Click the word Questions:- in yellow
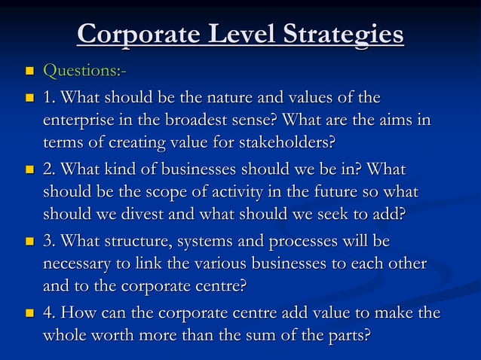coord(84,72)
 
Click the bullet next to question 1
coord(29,99)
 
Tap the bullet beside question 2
coord(29,170)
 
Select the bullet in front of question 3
coord(29,242)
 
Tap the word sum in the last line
coord(279,335)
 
